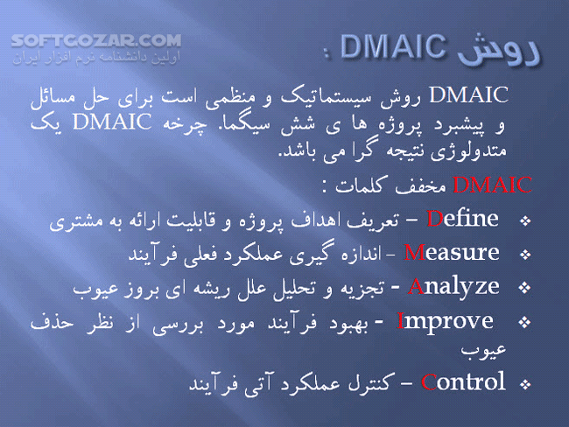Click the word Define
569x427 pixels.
tap(463, 218)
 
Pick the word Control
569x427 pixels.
tap(463, 381)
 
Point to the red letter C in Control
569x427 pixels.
tap(428, 382)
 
